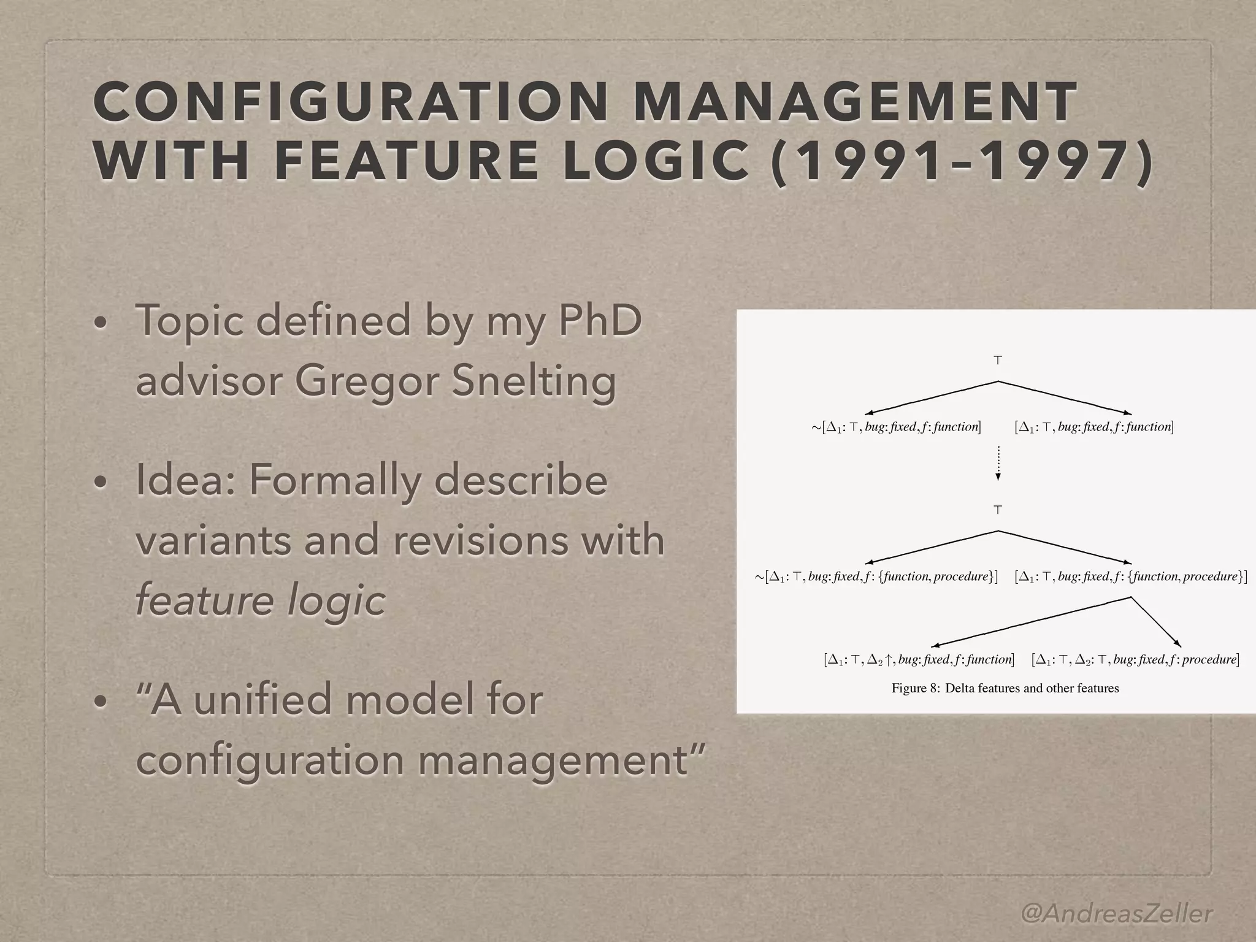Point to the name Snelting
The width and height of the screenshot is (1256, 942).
click(534, 381)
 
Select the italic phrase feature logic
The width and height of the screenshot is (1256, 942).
click(260, 600)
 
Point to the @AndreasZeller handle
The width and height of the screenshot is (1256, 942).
click(1117, 897)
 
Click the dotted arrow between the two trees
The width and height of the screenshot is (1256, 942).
click(998, 463)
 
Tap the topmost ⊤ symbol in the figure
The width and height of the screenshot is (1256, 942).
click(998, 361)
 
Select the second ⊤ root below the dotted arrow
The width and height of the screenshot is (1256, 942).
click(998, 510)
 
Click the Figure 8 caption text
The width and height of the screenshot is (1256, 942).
click(1005, 688)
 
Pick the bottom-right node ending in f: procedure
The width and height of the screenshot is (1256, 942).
click(1135, 660)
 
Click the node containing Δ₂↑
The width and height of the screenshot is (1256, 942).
click(918, 660)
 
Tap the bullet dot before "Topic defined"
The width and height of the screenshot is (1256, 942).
click(101, 323)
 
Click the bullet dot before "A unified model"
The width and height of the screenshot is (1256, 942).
click(101, 702)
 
